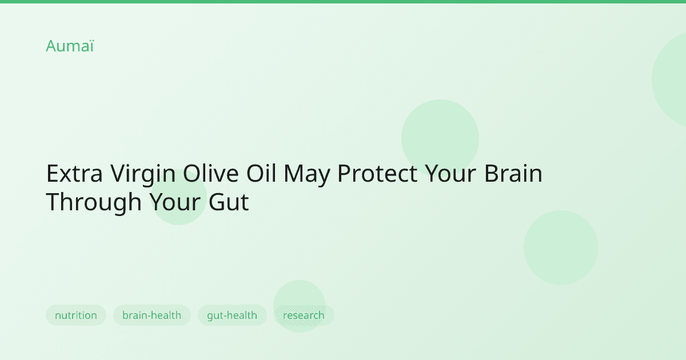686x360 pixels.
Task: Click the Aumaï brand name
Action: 69,46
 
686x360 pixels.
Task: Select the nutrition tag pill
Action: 76,315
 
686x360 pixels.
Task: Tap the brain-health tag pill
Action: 151,315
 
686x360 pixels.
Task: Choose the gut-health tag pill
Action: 232,315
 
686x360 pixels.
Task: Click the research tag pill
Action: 304,315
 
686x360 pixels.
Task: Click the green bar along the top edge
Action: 343,2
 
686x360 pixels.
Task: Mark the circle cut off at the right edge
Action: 672,79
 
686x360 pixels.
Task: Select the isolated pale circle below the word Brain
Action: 560,247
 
